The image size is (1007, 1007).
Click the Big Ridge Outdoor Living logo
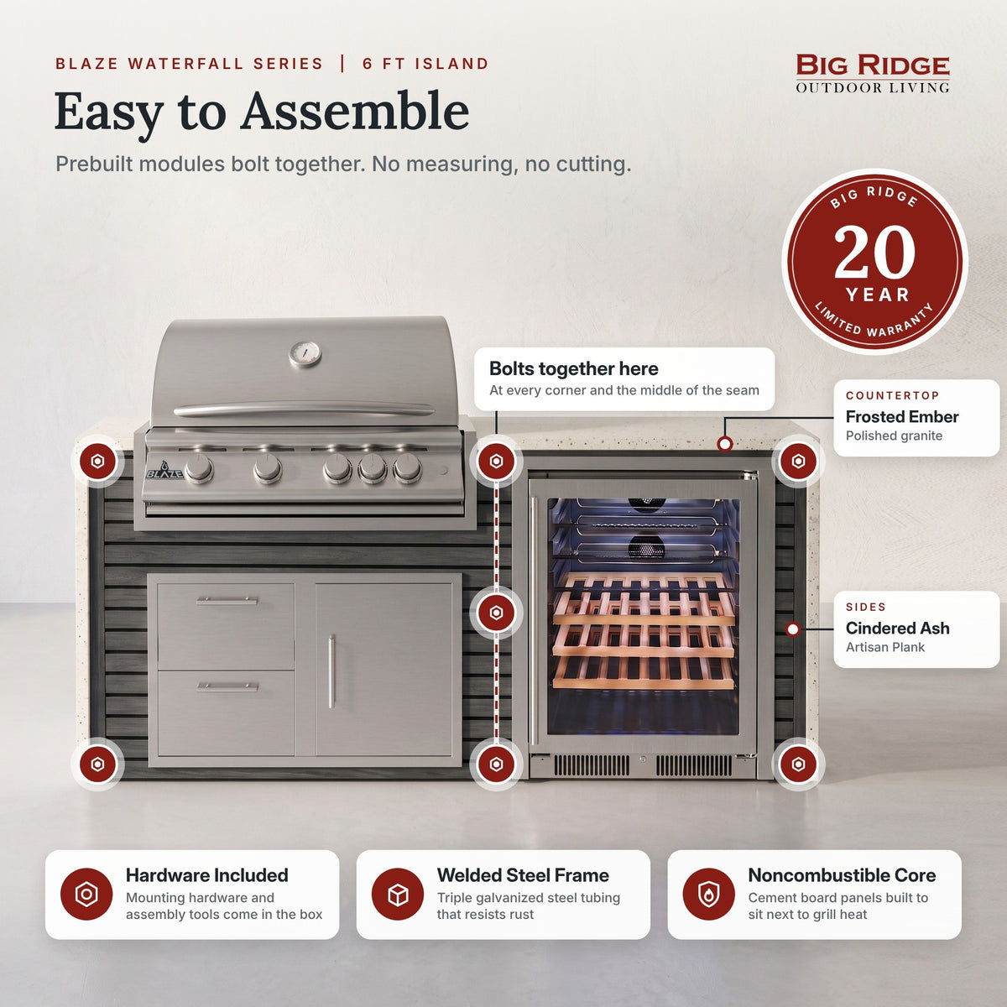pyautogui.click(x=873, y=74)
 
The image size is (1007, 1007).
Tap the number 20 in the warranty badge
pyautogui.click(x=874, y=252)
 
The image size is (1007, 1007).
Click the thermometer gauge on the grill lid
pyautogui.click(x=305, y=354)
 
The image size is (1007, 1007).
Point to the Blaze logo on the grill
pyautogui.click(x=164, y=472)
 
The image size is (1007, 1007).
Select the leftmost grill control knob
pyautogui.click(x=199, y=467)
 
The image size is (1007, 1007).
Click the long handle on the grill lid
pyautogui.click(x=304, y=410)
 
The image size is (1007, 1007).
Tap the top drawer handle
pyautogui.click(x=227, y=601)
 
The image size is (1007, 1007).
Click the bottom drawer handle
pyautogui.click(x=227, y=686)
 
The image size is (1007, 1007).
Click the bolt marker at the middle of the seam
pyautogui.click(x=496, y=613)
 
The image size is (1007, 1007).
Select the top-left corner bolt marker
pyautogui.click(x=97, y=462)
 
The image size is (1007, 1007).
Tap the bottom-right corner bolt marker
pyautogui.click(x=798, y=764)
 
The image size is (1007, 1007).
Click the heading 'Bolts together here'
pyautogui.click(x=573, y=369)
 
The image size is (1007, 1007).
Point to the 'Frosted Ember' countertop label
pyautogui.click(x=902, y=416)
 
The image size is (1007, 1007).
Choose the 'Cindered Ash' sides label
pyautogui.click(x=897, y=628)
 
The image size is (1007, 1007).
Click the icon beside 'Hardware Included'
pyautogui.click(x=86, y=894)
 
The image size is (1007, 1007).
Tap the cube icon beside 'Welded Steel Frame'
pyautogui.click(x=398, y=894)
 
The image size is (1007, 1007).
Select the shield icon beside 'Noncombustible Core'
pyautogui.click(x=708, y=894)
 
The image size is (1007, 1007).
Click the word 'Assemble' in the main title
pyautogui.click(x=355, y=112)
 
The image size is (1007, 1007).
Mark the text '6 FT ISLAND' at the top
pyautogui.click(x=425, y=64)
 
